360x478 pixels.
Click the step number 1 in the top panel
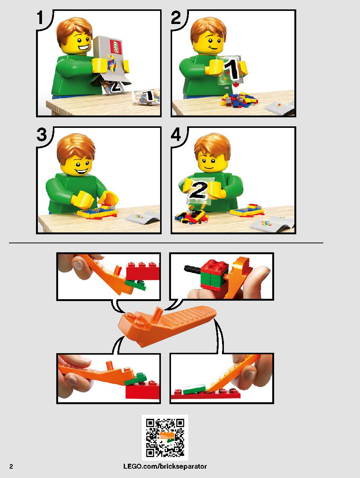40,18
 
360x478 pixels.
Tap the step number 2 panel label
176,18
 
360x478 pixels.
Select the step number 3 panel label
42,135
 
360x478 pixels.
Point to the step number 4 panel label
176,135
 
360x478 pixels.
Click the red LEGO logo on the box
115,47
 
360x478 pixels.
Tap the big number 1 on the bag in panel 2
232,69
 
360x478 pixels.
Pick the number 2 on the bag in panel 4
198,190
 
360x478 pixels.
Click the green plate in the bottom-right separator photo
194,388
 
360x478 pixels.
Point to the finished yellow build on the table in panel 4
246,210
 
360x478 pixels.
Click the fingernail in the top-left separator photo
78,266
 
